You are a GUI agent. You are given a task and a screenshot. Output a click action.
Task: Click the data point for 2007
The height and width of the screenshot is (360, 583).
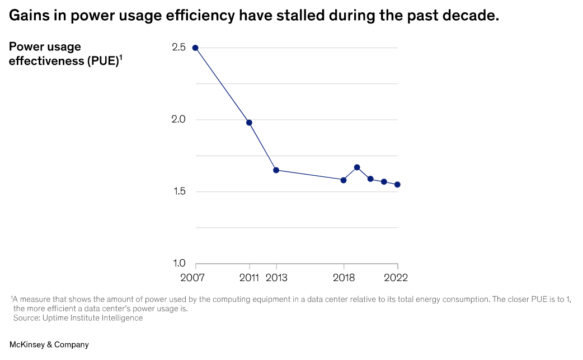coord(195,48)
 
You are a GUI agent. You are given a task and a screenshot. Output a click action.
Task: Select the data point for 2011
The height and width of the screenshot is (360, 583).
coord(249,123)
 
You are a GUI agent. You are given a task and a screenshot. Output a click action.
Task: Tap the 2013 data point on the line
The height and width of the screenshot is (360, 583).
coord(276,170)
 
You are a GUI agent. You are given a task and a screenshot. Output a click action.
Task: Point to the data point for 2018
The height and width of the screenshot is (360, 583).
coord(344,180)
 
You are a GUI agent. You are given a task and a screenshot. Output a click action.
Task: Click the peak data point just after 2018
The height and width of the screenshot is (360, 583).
coord(357,167)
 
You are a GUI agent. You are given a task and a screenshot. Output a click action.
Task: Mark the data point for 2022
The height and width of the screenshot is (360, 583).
coord(397,184)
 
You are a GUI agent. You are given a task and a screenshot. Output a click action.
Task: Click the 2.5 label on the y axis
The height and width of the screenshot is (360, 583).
coord(179,47)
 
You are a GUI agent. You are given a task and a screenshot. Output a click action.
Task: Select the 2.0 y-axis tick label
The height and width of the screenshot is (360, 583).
coord(179,119)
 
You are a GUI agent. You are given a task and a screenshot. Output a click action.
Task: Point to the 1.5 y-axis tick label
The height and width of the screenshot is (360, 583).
coord(180,191)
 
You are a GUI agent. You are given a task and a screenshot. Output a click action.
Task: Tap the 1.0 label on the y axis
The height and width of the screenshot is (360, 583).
coord(180,263)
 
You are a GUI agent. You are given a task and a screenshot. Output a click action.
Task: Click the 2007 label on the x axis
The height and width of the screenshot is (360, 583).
coord(192,278)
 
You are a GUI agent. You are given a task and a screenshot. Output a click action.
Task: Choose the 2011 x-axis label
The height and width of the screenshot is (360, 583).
coord(249,278)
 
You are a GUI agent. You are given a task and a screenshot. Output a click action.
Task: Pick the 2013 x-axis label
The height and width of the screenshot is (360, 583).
coord(276,278)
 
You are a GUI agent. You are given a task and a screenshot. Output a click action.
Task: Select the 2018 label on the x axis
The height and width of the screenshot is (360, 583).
coord(344,278)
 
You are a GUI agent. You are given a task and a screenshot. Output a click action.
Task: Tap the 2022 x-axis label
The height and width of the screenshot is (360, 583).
coord(396,278)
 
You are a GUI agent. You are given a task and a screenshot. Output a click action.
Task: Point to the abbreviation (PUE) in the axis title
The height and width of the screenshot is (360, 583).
coord(102,61)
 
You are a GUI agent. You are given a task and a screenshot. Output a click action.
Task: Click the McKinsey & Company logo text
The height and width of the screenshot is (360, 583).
coord(49,345)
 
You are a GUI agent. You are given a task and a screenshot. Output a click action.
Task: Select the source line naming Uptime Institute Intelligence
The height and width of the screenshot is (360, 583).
coord(78,318)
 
